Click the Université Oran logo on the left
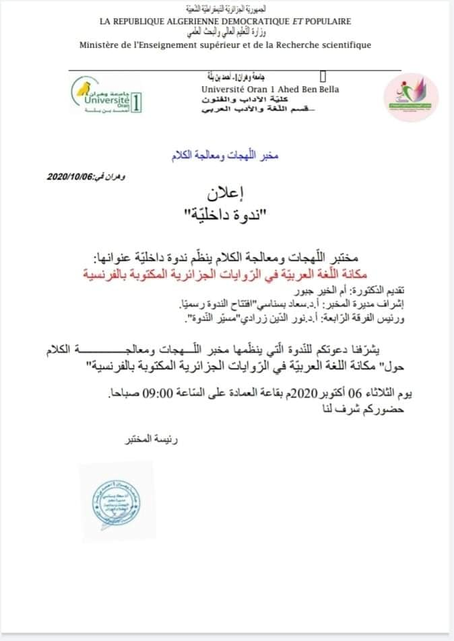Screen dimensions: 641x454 107,96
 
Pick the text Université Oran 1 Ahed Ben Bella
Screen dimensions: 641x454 270,89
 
